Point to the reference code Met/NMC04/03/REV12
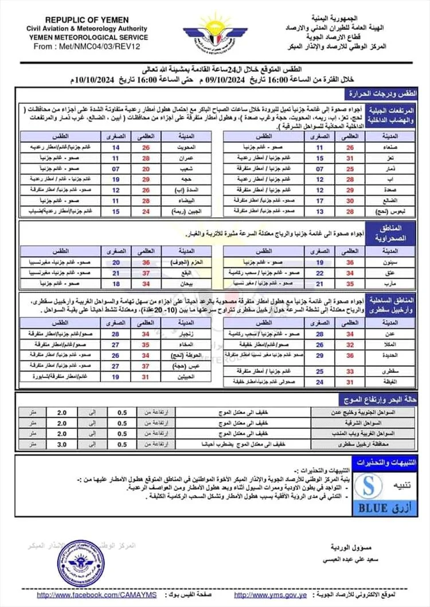(95, 46)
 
